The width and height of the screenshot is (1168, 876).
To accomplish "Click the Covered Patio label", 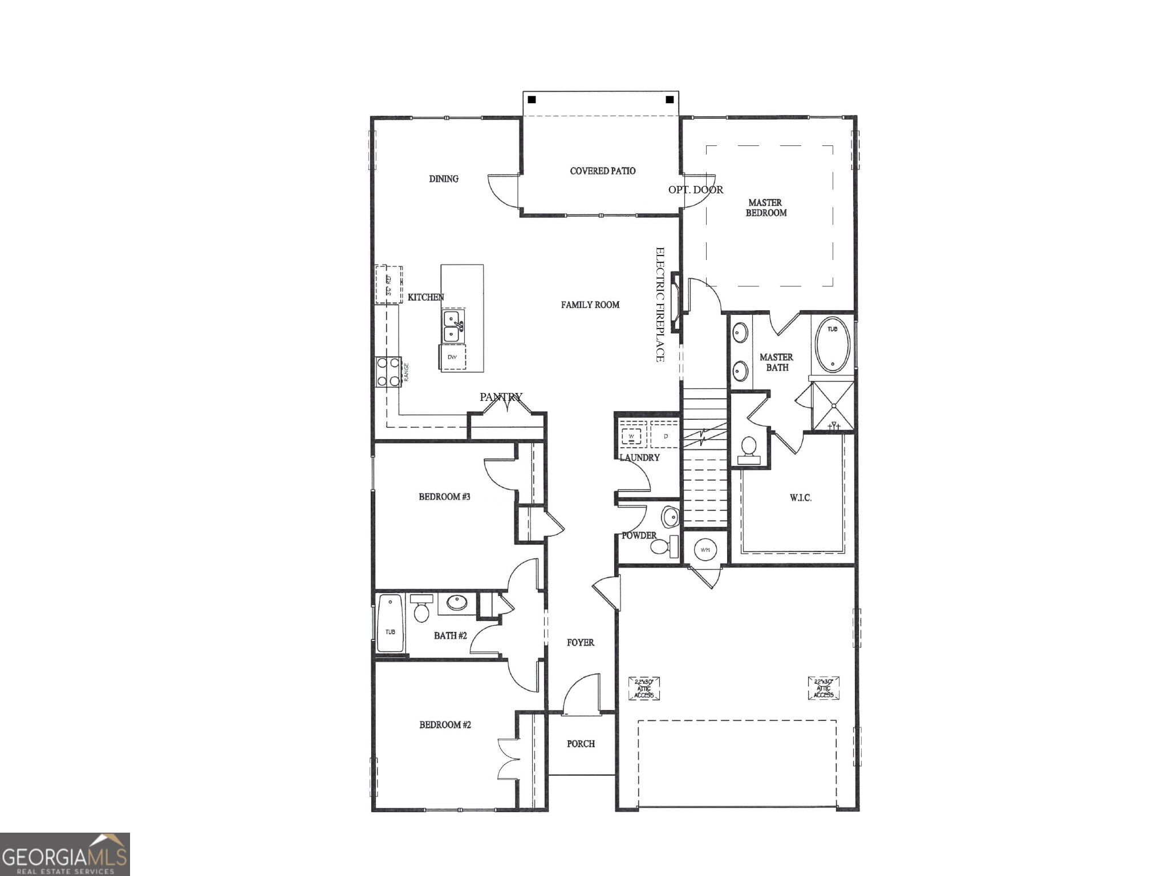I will (x=602, y=171).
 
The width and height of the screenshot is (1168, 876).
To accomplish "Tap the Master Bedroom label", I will (x=766, y=208).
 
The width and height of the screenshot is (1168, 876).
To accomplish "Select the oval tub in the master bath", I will (x=833, y=345).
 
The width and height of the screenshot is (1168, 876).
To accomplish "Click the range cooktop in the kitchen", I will (x=388, y=372).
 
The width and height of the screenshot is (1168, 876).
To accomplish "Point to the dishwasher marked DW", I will (x=453, y=358).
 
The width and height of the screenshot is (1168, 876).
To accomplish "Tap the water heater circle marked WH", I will (x=705, y=550).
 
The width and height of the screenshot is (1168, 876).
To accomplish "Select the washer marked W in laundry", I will (x=631, y=436).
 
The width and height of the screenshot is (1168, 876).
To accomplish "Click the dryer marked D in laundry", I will (x=665, y=436).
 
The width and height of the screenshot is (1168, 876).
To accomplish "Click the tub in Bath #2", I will (x=390, y=624).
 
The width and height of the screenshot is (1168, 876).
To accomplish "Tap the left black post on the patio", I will (x=532, y=100).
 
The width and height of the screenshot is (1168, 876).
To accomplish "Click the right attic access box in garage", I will (x=824, y=688).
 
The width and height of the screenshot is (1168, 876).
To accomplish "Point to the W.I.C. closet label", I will (x=800, y=498).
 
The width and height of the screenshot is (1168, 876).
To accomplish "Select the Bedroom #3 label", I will (x=444, y=497).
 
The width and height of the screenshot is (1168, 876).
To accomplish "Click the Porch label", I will (x=581, y=744).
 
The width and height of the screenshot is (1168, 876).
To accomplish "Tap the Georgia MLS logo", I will (x=64, y=854).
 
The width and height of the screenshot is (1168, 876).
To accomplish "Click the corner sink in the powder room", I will (x=671, y=517).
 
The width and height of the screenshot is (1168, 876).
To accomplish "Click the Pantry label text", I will (x=501, y=397).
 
